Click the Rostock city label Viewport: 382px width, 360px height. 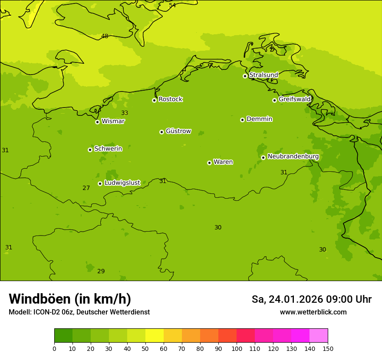pyautogui.click(x=170, y=99)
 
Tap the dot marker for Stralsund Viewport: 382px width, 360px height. pyautogui.click(x=245, y=76)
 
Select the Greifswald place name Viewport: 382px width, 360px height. pyautogui.click(x=294, y=99)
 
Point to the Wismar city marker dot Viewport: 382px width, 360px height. pyautogui.click(x=97, y=122)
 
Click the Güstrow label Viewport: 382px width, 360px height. pyautogui.click(x=178, y=131)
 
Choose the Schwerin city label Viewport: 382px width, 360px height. pyautogui.click(x=108, y=149)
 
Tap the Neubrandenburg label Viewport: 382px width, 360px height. pyautogui.click(x=293, y=157)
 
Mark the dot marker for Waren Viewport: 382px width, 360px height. pyautogui.click(x=209, y=163)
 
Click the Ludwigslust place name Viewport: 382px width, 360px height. pyautogui.click(x=122, y=183)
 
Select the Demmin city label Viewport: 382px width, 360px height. pyautogui.click(x=259, y=119)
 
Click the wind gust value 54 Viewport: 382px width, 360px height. pyautogui.click(x=172, y=5)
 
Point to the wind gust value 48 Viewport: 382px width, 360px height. pyautogui.click(x=105, y=36)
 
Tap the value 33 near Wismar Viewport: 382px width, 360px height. pyautogui.click(x=125, y=113)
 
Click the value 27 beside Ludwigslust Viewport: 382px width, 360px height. pyautogui.click(x=86, y=188)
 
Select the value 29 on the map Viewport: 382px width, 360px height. pyautogui.click(x=101, y=271)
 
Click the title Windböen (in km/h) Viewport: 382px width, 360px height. pyautogui.click(x=70, y=299)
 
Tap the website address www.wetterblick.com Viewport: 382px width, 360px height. pyautogui.click(x=313, y=312)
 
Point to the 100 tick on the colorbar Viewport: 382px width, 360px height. pyautogui.click(x=237, y=348)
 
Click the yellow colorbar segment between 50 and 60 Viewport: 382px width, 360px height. pyautogui.click(x=155, y=336)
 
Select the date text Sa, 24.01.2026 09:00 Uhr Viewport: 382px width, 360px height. pyautogui.click(x=311, y=299)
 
